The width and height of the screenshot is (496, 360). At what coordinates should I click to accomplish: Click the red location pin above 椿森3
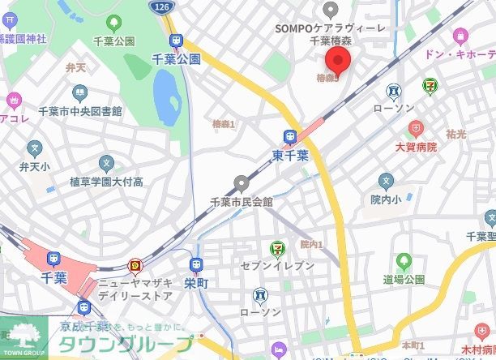[x=337, y=60]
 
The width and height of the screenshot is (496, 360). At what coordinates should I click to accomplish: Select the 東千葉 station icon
[x=290, y=137]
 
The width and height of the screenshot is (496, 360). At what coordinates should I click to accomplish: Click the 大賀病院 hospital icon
[x=416, y=129]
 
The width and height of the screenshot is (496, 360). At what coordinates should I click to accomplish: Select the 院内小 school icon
[x=387, y=180]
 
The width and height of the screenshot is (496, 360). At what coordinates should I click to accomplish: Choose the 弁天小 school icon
[x=34, y=148]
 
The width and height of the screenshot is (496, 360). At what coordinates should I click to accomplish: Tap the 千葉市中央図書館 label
[x=80, y=111]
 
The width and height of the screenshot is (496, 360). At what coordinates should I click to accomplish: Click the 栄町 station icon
[x=196, y=264]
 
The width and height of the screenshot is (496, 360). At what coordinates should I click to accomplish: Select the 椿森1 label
[x=223, y=124]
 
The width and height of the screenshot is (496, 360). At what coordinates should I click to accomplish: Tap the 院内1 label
[x=311, y=244]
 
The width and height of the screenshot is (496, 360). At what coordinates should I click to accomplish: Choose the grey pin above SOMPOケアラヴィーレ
[x=330, y=10]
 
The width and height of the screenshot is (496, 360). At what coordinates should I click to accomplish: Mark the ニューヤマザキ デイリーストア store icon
[x=135, y=265]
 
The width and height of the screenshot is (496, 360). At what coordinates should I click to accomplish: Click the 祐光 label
[x=455, y=132]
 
